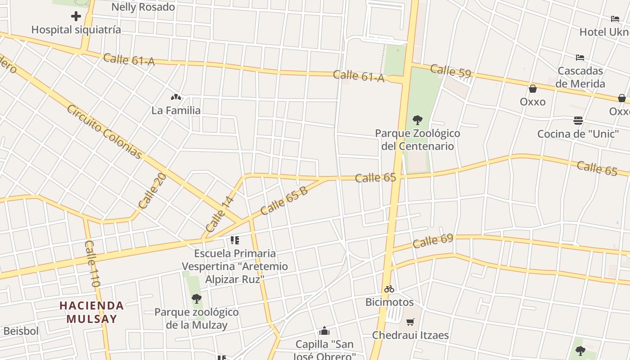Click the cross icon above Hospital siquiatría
76,17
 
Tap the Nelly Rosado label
143,7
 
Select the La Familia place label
176,110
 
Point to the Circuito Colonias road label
104,132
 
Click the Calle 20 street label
152,191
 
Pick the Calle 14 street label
220,214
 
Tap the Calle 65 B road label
284,200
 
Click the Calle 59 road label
450,71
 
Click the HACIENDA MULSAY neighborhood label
92,312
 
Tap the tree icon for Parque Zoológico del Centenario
418,120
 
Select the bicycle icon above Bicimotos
389,289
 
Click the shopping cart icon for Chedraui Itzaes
410,322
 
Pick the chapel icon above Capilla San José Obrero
324,332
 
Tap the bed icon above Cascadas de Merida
580,58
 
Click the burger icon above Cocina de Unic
578,121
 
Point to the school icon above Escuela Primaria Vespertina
234,240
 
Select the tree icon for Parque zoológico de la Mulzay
196,298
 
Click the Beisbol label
21,331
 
